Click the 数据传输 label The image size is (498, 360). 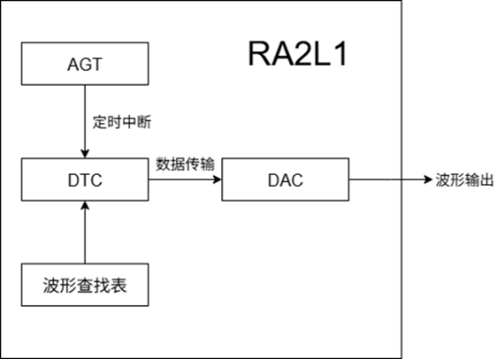[x=185, y=163]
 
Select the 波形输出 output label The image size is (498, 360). [x=464, y=181]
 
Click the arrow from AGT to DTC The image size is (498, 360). [x=85, y=118]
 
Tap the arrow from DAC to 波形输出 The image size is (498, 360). [x=389, y=180]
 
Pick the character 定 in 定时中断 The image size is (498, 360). [x=98, y=123]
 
